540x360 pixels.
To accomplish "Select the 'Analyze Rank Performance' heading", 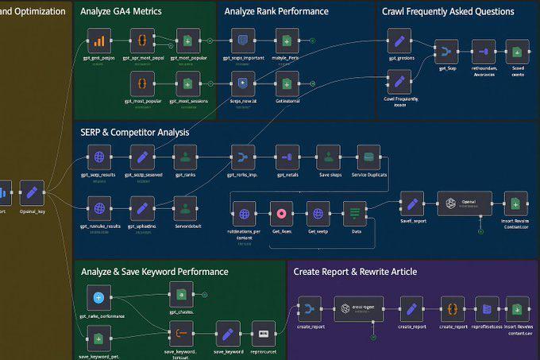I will point(276,12).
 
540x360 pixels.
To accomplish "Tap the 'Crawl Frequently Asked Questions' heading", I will point(448,12).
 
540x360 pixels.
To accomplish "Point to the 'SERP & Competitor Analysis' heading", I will point(135,132).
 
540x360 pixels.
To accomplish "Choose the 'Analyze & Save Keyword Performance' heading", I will point(154,272).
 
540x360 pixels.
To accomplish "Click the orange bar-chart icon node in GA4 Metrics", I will point(99,41).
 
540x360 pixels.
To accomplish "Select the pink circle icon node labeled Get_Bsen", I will point(282,213).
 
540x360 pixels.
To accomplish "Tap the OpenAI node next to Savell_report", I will point(465,203).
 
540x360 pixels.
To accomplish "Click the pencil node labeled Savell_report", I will point(411,203).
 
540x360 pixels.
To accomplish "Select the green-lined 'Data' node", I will point(354,213).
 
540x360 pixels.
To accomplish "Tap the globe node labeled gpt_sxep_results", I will point(99,157).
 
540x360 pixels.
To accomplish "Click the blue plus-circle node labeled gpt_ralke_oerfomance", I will point(99,298).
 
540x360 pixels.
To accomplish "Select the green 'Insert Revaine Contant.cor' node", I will point(515,203).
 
